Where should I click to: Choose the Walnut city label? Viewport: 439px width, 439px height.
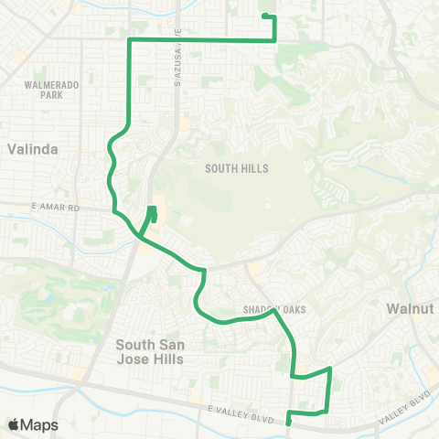click(408, 309)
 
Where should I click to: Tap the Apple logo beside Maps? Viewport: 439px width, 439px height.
click(15, 424)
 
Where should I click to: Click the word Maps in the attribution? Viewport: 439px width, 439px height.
click(39, 424)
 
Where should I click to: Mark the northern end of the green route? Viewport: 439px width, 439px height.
click(264, 16)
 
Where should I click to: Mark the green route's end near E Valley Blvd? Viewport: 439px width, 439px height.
click(288, 423)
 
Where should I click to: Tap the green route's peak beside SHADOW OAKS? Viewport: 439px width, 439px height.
click(274, 311)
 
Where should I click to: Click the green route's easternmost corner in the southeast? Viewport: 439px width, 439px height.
click(329, 369)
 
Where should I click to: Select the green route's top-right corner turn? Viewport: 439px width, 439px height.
click(274, 40)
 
